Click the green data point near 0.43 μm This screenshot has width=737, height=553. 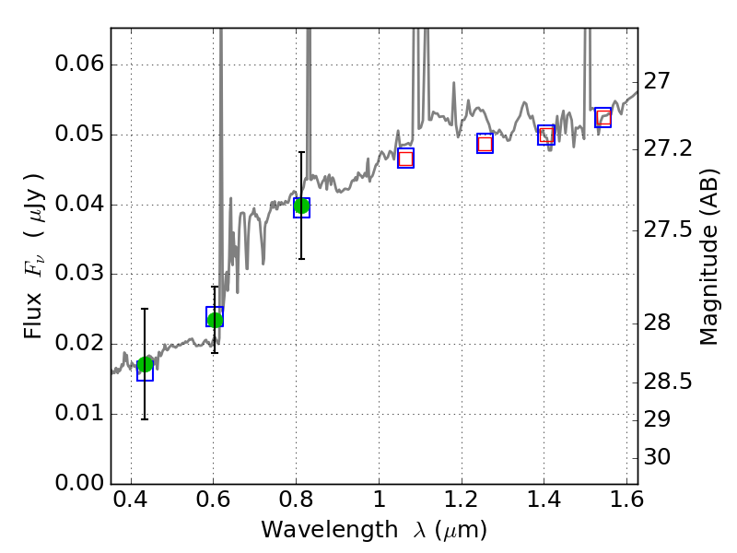(145, 364)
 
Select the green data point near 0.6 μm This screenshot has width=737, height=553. (215, 320)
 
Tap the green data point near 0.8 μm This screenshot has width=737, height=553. (301, 206)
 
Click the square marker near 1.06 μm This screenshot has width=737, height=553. (405, 158)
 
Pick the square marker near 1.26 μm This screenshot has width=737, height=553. (485, 143)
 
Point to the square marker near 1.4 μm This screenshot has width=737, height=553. (546, 135)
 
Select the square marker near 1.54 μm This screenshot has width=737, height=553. (603, 117)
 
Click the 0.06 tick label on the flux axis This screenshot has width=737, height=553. (78, 65)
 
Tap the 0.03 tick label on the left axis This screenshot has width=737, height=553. (78, 275)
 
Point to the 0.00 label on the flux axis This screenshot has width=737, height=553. (78, 483)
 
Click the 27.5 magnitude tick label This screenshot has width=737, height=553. (671, 229)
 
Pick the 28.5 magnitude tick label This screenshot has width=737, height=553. (671, 382)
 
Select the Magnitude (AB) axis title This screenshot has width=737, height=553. (708, 255)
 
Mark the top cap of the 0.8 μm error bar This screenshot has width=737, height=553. (301, 152)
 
